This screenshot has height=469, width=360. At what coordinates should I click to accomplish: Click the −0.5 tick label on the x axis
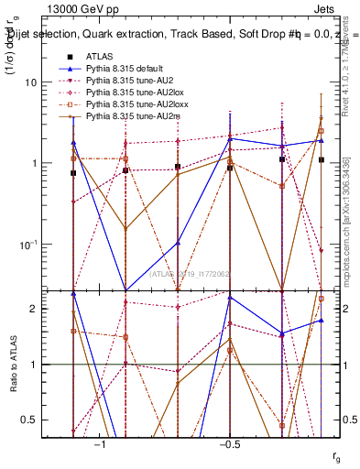tap(229, 443)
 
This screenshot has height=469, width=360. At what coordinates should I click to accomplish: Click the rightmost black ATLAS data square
tap(321, 159)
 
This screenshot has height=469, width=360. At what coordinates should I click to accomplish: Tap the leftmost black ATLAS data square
tap(73, 172)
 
